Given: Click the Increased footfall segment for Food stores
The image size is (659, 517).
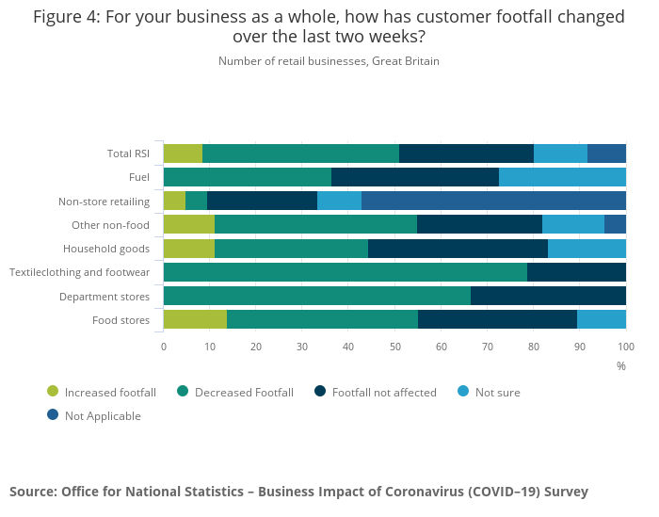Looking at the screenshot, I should point(195,319).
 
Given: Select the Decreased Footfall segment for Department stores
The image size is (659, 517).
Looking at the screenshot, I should point(317,296).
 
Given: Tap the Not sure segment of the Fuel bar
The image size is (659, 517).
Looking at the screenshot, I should point(562,177).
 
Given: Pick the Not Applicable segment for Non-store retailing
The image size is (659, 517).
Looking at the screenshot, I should point(493,201).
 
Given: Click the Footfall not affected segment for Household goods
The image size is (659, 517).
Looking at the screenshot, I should point(458,249).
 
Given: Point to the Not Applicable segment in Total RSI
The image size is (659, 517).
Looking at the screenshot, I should point(606,153).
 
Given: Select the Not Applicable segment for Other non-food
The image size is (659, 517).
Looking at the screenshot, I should point(615,224).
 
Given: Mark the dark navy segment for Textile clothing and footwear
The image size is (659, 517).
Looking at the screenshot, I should point(576,272).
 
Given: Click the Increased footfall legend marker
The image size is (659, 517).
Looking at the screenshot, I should point(53,392).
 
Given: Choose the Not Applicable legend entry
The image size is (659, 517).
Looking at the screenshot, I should point(103,415).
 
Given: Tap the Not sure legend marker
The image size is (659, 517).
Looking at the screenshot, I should point(463,392).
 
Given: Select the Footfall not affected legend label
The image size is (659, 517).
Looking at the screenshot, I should point(384,392).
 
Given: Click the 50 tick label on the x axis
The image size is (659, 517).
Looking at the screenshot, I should point(394,347).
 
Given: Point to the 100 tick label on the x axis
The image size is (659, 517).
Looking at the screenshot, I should point(625,347).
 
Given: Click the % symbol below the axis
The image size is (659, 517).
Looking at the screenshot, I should point(621,365).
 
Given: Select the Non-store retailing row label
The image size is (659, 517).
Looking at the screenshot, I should point(104,201).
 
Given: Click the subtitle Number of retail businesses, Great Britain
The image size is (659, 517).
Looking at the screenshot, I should point(329,61).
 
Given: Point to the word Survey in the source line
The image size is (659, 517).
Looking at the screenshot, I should point(563,492).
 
